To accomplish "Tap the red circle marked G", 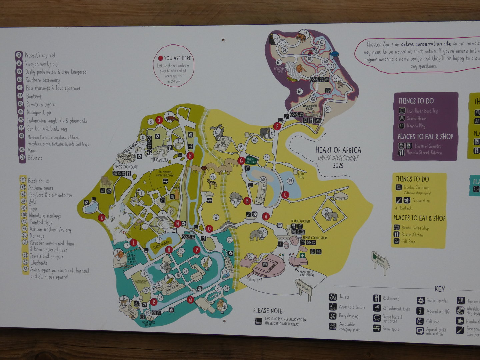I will point(241,161).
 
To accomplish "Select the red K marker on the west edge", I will point(102,218).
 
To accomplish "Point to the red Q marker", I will point(190,299).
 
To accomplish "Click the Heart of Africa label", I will point(338,150).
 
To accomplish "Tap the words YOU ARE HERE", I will point(177,58).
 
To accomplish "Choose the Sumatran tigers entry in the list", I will point(40,104).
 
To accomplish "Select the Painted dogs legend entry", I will point(41,222).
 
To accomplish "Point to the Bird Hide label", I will point(301,175).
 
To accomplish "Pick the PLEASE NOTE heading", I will point(268,310).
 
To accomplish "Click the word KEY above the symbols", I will point(439,289).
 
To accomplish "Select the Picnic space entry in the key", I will point(391,329).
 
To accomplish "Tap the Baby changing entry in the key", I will point(348,316).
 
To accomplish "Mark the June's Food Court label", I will point(125,167).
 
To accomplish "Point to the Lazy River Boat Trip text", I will point(422,111).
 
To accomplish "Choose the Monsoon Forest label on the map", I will point(279,70).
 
